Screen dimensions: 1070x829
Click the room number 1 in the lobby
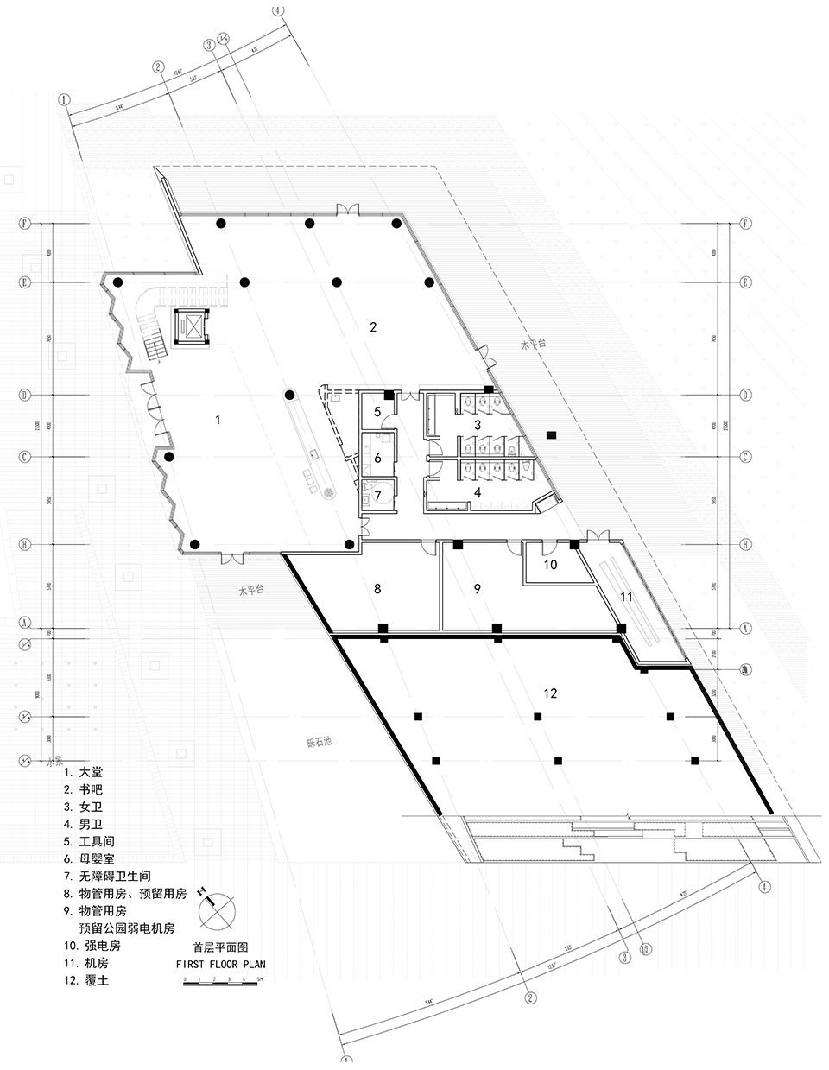point(218,420)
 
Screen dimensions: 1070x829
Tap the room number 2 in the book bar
point(373,326)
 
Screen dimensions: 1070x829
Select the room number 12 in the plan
point(552,693)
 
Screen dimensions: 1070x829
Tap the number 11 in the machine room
point(627,597)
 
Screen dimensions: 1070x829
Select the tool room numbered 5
point(377,411)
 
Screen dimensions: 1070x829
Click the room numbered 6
point(377,458)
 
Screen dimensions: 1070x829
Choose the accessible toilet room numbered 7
point(377,497)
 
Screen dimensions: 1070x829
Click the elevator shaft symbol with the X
point(193,326)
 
